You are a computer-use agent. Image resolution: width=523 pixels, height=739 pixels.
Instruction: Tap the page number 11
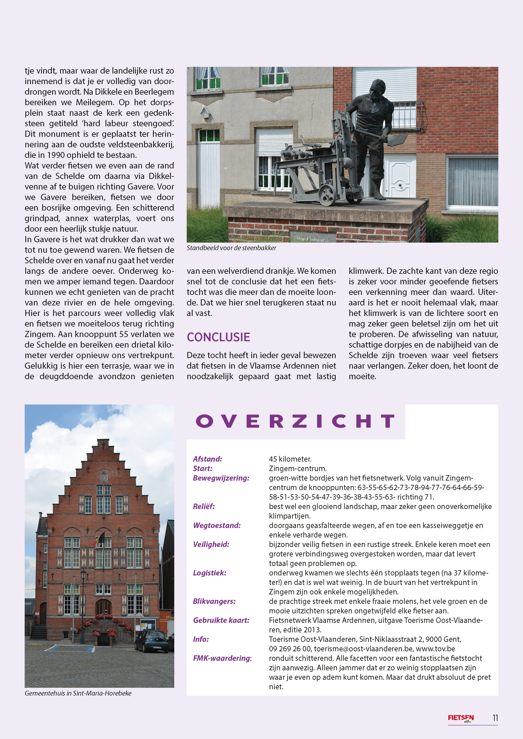pyautogui.click(x=495, y=718)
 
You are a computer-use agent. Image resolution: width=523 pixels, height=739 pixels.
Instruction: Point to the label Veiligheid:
pyautogui.click(x=211, y=544)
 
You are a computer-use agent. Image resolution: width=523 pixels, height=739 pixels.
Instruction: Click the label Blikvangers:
pyautogui.click(x=214, y=601)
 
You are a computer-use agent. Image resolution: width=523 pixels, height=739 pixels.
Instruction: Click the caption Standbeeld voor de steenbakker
pyautogui.click(x=231, y=248)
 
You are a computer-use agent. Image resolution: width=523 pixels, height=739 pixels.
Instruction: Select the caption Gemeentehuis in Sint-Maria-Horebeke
pyautogui.click(x=78, y=693)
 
